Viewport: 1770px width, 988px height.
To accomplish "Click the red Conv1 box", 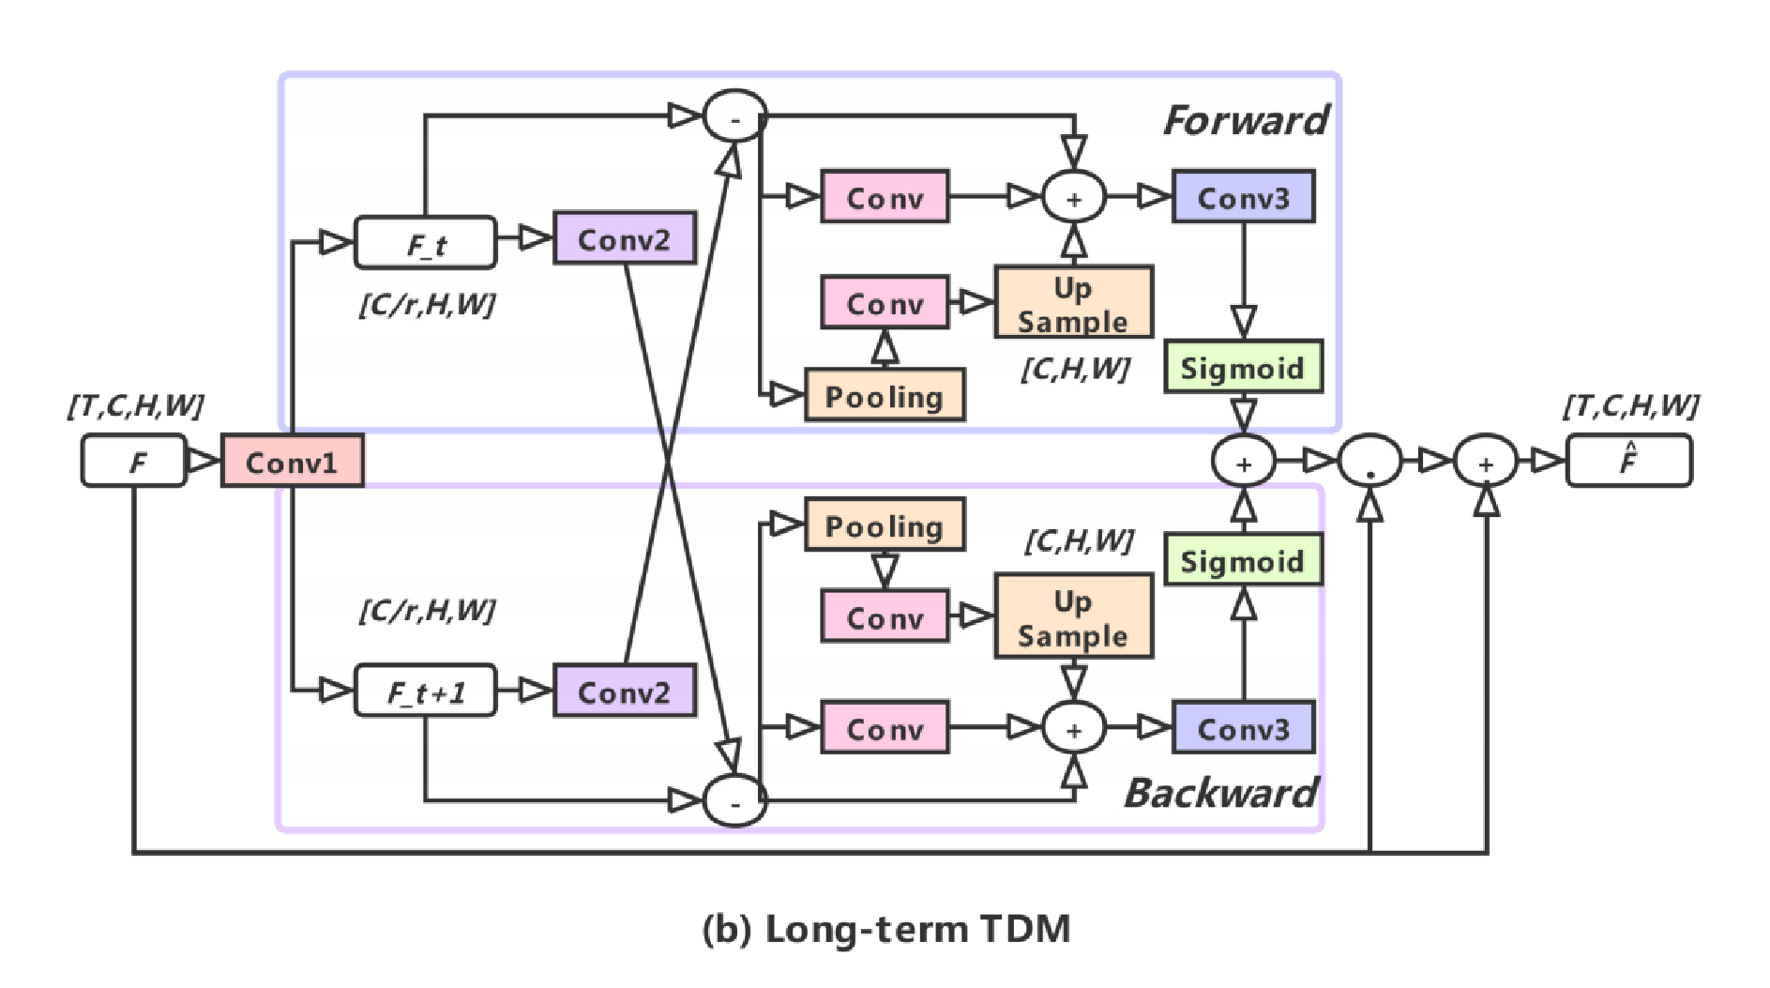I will [x=292, y=461].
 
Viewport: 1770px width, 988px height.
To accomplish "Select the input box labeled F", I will [x=134, y=461].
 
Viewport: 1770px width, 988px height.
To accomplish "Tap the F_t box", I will [x=425, y=243].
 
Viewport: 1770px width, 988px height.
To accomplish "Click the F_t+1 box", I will [x=425, y=692].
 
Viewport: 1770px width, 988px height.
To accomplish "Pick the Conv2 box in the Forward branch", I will [x=625, y=238].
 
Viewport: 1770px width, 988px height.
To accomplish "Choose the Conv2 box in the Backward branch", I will [x=625, y=692].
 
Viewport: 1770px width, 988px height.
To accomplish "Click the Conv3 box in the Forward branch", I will [x=1243, y=197].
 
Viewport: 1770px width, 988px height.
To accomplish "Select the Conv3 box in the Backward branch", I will [x=1243, y=728].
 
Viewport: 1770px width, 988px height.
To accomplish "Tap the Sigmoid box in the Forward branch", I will [x=1243, y=367].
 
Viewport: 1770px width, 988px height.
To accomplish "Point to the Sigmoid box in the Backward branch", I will [x=1243, y=560].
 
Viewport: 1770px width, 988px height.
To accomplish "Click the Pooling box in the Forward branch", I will [x=885, y=395].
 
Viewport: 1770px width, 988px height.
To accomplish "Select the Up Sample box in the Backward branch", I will [x=1073, y=616].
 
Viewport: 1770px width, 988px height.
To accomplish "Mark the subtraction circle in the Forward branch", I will [x=735, y=116].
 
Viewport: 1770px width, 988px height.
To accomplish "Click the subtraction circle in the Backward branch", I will [x=735, y=801].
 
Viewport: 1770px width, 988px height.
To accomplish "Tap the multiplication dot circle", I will [x=1369, y=461].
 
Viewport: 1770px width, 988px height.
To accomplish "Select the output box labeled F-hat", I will [x=1628, y=461].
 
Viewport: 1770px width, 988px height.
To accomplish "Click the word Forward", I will [x=1245, y=120].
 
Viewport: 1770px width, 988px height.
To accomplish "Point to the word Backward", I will [x=1220, y=793].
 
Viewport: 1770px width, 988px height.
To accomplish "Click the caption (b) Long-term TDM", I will [x=885, y=929].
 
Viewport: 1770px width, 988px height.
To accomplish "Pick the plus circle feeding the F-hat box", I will [x=1485, y=461].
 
